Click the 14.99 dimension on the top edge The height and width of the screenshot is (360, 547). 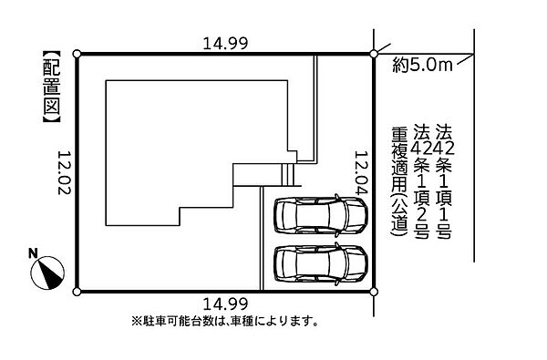pos(225,44)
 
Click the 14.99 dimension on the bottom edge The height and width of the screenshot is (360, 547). pos(225,303)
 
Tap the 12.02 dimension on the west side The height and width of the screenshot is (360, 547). pos(65,172)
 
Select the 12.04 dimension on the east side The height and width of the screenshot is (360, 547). pos(361,172)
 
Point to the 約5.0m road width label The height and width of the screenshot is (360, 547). pos(423,65)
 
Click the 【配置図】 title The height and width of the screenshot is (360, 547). pos(52,87)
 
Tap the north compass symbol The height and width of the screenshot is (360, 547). pos(47,273)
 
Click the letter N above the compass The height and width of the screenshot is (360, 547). pos(33,253)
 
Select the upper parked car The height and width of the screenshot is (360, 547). pos(321,214)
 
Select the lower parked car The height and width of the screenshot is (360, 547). pos(321,262)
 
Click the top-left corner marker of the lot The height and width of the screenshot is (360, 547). pos(77,54)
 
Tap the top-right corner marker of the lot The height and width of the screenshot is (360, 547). pos(374,54)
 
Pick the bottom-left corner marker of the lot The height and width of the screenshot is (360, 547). pos(77,292)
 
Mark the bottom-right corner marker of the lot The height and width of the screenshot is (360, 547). pos(374,292)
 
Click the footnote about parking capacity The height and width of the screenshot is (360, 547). pos(225,321)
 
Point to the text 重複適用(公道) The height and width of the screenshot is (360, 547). pos(400,181)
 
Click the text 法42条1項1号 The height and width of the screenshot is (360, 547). pos(444,181)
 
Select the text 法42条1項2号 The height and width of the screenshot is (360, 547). pos(421,181)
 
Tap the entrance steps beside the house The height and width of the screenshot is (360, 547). pos(288,175)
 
